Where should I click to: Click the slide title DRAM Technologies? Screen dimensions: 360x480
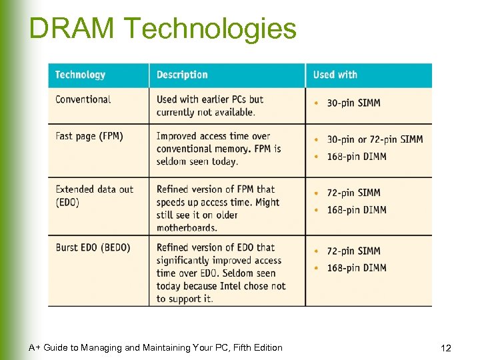coord(163,29)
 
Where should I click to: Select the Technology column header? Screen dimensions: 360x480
coord(80,75)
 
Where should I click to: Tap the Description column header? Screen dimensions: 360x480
coord(182,75)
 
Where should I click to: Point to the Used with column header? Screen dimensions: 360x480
coord(335,75)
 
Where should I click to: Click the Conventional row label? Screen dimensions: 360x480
coord(83,99)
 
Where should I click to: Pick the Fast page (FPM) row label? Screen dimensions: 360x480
coord(89,136)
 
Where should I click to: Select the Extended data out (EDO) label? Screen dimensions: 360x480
coord(94,195)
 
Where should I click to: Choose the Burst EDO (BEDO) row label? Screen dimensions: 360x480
coord(93,247)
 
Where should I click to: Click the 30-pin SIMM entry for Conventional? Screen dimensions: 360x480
coord(353,103)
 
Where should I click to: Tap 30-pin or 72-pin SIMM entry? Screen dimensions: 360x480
coord(375,140)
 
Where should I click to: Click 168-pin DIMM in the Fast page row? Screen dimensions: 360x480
coord(357,157)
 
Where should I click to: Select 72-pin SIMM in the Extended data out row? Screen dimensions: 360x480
coord(353,193)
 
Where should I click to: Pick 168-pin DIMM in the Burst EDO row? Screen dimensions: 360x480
coord(357,268)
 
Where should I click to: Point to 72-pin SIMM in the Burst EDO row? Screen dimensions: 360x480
coord(353,251)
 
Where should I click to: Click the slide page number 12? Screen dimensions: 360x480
coord(446,348)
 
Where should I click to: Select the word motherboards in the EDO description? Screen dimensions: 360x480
coord(187,228)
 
